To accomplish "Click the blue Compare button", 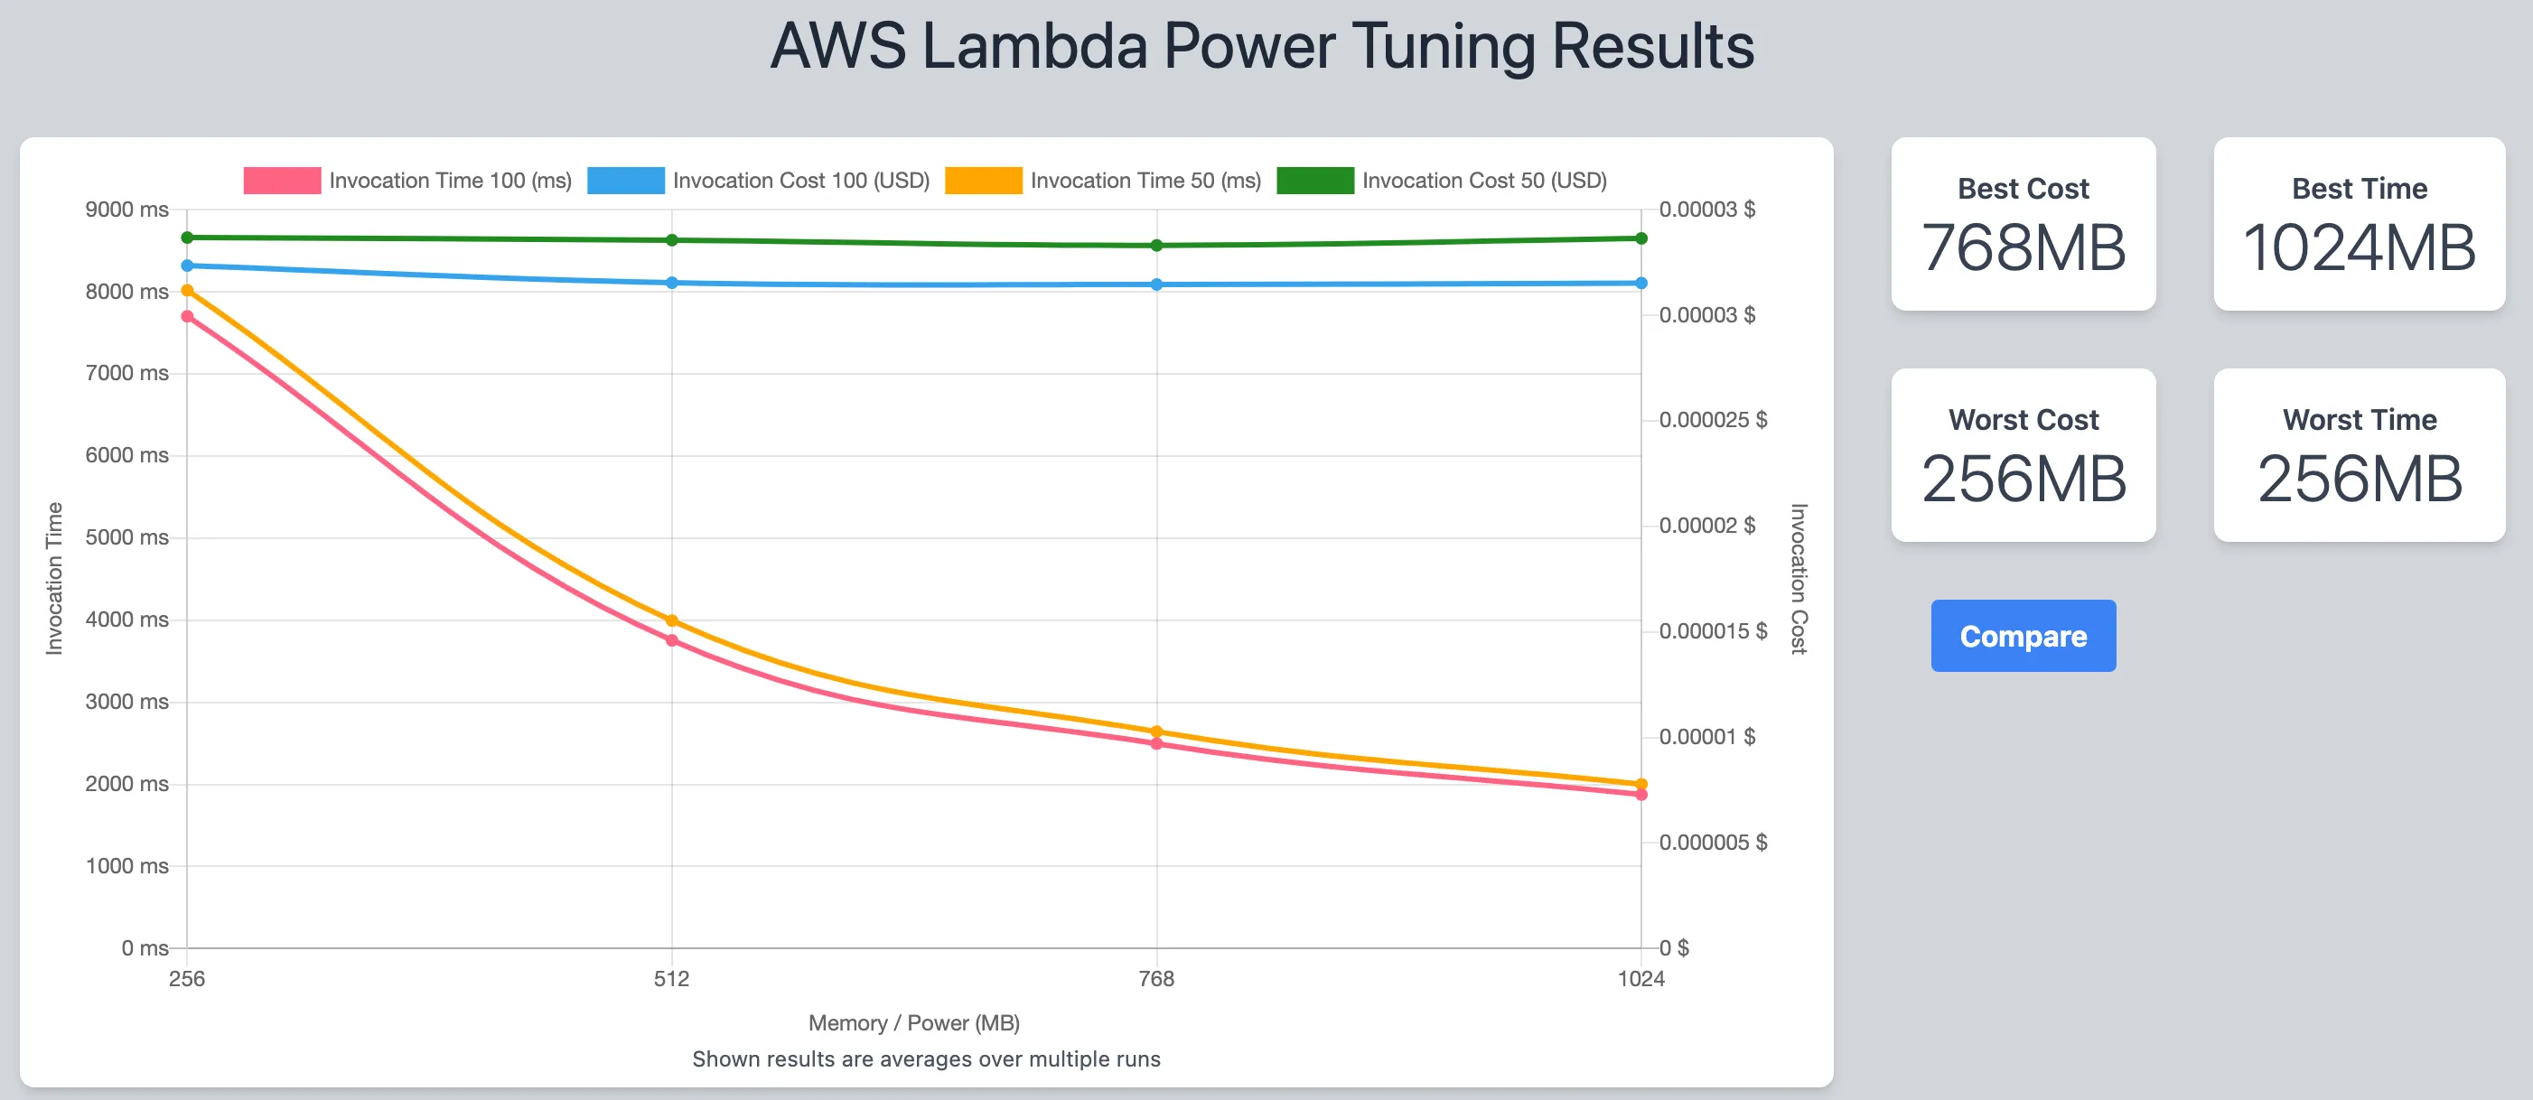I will coord(2023,636).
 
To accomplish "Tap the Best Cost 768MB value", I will coord(2023,247).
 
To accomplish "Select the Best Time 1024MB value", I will coord(2358,247).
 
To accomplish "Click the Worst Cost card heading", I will coord(2023,420).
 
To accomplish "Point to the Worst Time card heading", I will coord(2359,420).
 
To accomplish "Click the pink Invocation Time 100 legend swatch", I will coord(282,181).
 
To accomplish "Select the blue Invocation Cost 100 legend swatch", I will coord(625,181).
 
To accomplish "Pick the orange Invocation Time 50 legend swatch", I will coord(984,181).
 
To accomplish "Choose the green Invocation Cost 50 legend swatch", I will coord(1314,181).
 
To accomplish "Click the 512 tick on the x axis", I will coord(671,978).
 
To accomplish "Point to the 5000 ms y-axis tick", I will coord(126,537).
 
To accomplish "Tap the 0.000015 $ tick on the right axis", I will coord(1712,631).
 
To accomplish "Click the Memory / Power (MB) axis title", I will coord(913,1023).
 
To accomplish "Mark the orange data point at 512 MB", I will coord(671,620).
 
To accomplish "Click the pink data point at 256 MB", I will coord(187,316).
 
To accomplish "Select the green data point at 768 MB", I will coord(1156,246).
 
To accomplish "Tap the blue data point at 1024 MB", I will coord(1641,283).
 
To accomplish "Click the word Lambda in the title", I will coord(1034,46).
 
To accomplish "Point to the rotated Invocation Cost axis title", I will coord(1799,578).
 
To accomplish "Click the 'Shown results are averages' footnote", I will coord(925,1058).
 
